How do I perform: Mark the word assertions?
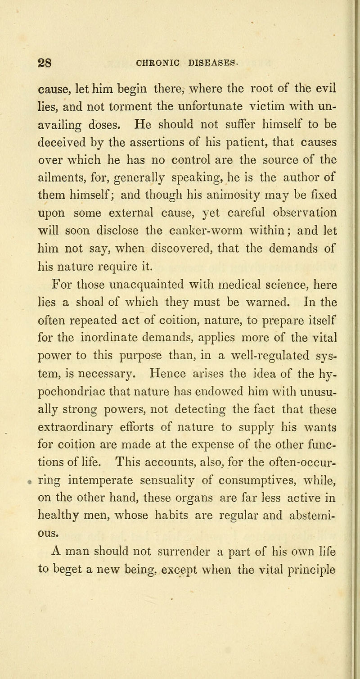coord(152,144)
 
